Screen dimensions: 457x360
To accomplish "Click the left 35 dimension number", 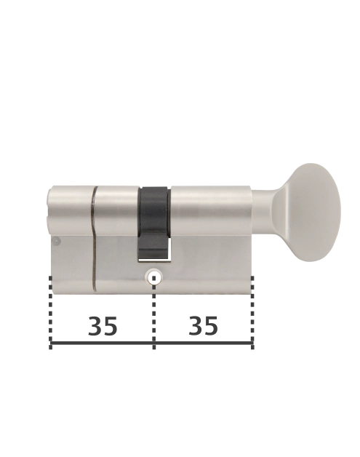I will pos(103,327).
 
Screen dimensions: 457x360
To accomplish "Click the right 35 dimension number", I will pos(203,327).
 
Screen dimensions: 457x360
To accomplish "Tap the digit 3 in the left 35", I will pos(95,327).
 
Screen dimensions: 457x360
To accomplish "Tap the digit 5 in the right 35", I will pos(211,327).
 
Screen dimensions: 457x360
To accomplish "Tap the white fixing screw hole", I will pos(153,277).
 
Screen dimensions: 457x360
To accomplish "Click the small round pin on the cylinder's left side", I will pos(56,241).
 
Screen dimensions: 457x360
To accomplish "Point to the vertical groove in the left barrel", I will pos(94,233).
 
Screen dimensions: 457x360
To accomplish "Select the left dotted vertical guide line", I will pos(50,306).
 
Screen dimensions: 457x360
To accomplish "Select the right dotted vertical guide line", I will pos(252,306).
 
